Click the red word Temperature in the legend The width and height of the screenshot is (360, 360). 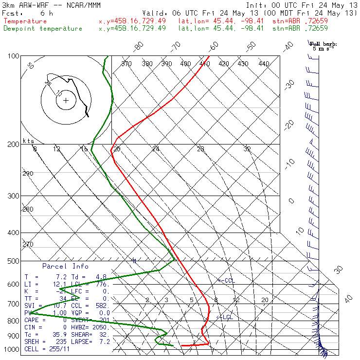tap(25, 21)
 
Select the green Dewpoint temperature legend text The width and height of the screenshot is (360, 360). tap(43, 29)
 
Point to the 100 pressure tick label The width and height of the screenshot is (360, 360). tap(14, 56)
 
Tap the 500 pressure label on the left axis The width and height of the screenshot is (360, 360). tap(14, 261)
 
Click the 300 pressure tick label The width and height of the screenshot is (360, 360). tap(14, 196)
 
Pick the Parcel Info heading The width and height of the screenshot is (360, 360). tap(65, 266)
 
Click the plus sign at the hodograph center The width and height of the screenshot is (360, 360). tap(66, 101)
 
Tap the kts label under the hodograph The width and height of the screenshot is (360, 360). tap(28, 141)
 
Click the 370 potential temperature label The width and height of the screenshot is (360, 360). tap(126, 64)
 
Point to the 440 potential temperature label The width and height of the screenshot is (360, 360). tap(264, 64)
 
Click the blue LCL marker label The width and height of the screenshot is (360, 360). tap(225, 317)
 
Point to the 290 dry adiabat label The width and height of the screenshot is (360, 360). tap(28, 174)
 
